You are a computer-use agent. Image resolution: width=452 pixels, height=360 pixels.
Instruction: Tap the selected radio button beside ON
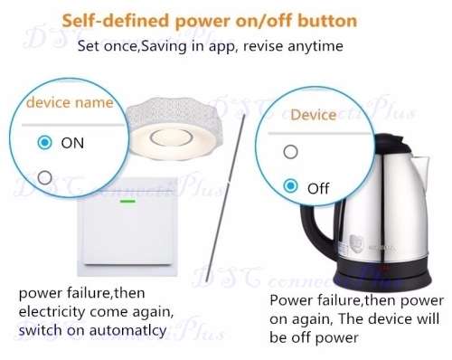click(x=43, y=143)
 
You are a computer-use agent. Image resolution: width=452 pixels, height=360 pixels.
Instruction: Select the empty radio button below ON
click(x=43, y=175)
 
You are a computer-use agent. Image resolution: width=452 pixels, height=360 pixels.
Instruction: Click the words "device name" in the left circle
click(x=67, y=103)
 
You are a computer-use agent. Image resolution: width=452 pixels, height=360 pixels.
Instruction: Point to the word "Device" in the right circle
click(x=312, y=116)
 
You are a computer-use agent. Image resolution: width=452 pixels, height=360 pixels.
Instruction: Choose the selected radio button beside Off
click(x=289, y=185)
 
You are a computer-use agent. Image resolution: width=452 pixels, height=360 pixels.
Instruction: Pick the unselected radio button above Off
click(x=289, y=152)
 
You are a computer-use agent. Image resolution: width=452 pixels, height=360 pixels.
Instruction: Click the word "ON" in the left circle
click(x=72, y=143)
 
